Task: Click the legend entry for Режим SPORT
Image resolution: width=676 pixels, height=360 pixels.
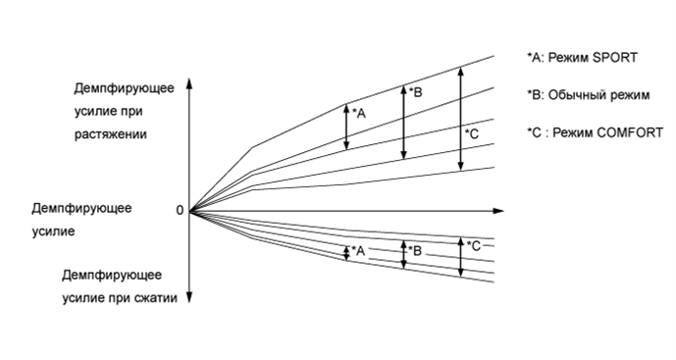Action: tap(582, 57)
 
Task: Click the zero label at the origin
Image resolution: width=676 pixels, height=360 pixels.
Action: tap(180, 210)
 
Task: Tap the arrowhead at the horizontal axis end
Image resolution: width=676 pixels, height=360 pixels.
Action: tap(499, 210)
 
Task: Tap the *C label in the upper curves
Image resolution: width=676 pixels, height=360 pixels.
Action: tap(471, 133)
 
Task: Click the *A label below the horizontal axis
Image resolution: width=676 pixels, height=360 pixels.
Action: tap(358, 251)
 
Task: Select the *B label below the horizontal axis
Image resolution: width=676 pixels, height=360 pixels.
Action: tap(414, 250)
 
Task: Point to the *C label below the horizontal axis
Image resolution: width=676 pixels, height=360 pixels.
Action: tap(473, 245)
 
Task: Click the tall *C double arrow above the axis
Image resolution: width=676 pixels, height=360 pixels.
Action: tap(460, 118)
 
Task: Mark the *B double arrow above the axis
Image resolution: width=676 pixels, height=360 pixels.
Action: tap(403, 121)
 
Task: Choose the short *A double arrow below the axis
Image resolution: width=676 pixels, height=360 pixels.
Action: tap(346, 251)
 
